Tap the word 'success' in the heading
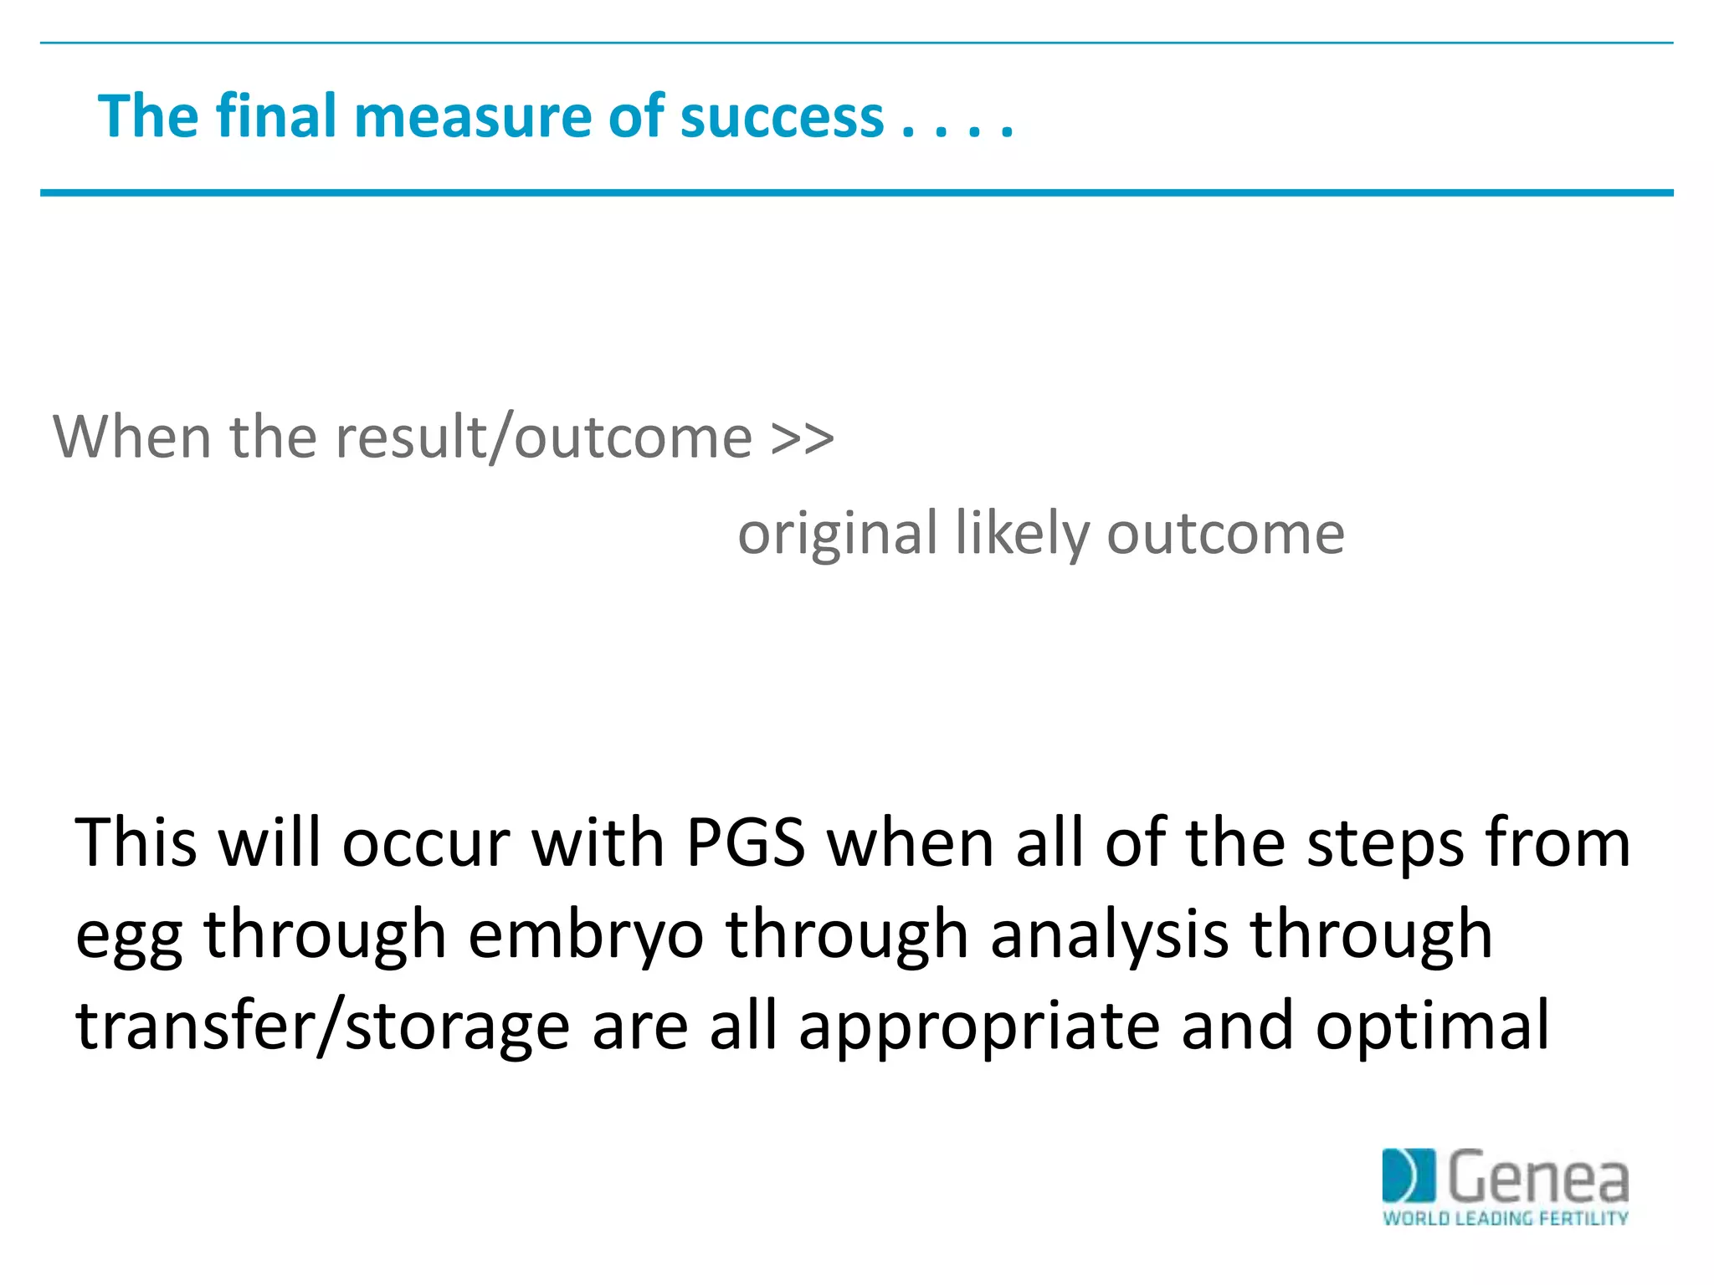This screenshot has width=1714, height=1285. point(782,116)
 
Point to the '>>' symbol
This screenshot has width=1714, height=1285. point(802,438)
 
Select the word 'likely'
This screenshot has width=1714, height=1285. point(1022,534)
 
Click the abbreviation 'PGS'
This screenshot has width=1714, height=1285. point(745,843)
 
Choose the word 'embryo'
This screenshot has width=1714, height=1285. point(586,935)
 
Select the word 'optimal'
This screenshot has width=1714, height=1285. point(1432,1027)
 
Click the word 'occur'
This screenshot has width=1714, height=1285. point(426,843)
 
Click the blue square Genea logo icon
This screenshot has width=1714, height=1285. point(1409,1175)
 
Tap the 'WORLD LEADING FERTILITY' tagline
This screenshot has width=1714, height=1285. point(1505,1218)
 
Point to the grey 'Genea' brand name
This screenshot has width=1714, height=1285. point(1537,1175)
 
